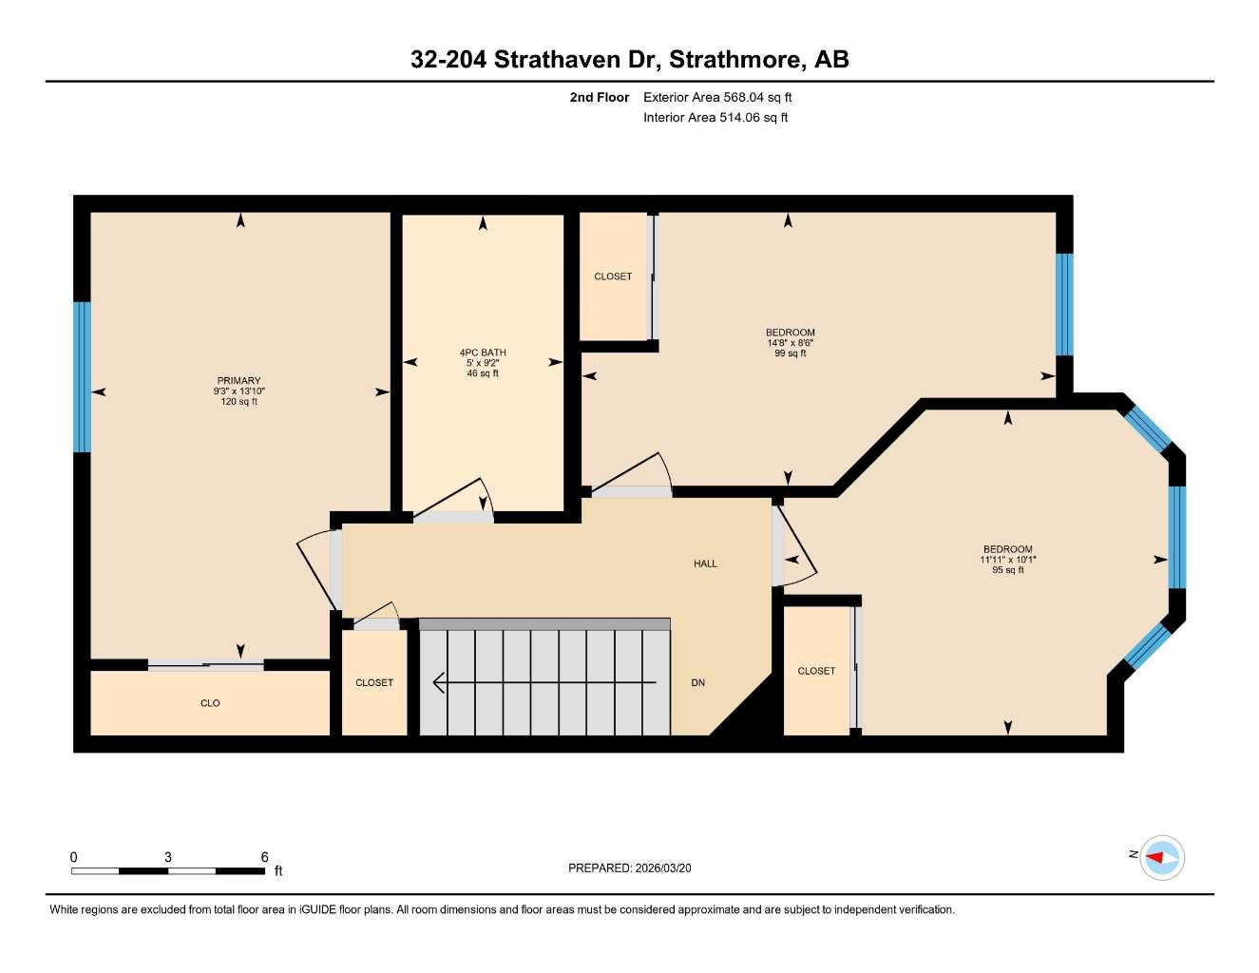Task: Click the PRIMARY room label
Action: click(x=238, y=381)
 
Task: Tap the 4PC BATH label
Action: click(x=483, y=353)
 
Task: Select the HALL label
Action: click(x=705, y=563)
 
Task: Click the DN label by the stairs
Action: click(x=698, y=682)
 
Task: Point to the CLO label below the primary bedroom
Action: click(x=210, y=703)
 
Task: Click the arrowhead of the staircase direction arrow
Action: click(x=438, y=682)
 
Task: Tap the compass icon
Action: click(x=1161, y=858)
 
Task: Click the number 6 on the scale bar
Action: click(x=264, y=857)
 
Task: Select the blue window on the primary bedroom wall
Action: click(x=83, y=376)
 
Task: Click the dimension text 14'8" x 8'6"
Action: click(x=790, y=343)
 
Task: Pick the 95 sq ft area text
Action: click(x=1007, y=570)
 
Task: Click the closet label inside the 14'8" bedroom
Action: click(x=613, y=277)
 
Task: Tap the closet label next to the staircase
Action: click(x=374, y=682)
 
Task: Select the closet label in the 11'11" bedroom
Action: click(x=816, y=671)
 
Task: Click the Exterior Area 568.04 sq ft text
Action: click(x=717, y=97)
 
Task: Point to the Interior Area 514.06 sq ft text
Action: click(x=715, y=118)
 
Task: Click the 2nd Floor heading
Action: click(x=599, y=97)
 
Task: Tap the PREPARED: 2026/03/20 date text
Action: click(x=629, y=868)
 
